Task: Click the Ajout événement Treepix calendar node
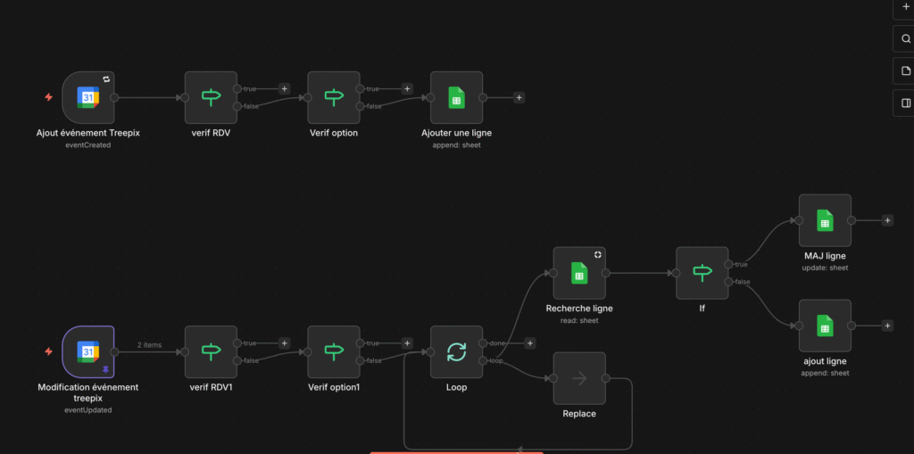coord(88,97)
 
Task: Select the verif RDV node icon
coord(211,97)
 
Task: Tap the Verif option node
coord(334,97)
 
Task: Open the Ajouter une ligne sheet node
coord(456,97)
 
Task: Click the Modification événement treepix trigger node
coord(88,351)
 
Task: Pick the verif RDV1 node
coord(211,351)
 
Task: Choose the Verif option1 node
coord(334,351)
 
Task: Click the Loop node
coord(456,351)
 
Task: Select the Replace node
coord(579,378)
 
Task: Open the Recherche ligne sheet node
coord(579,273)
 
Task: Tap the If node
coord(702,273)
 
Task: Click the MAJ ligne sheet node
coord(825,220)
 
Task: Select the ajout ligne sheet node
coord(825,326)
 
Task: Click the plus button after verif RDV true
coord(284,88)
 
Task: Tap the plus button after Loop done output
coord(530,343)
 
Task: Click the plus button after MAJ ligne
coord(887,220)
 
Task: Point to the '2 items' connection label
coord(149,345)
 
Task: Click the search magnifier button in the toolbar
coord(906,39)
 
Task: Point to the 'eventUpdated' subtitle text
coord(88,409)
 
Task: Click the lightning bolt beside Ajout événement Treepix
coord(49,97)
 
